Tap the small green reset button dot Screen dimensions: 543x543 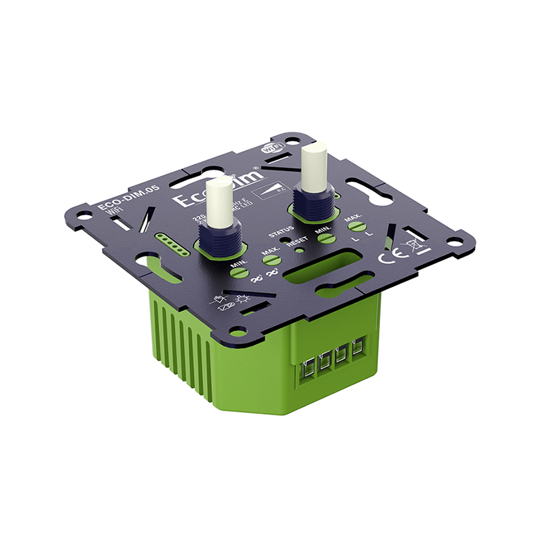299,249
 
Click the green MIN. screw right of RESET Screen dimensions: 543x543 326,238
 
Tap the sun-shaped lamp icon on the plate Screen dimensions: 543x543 243,299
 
